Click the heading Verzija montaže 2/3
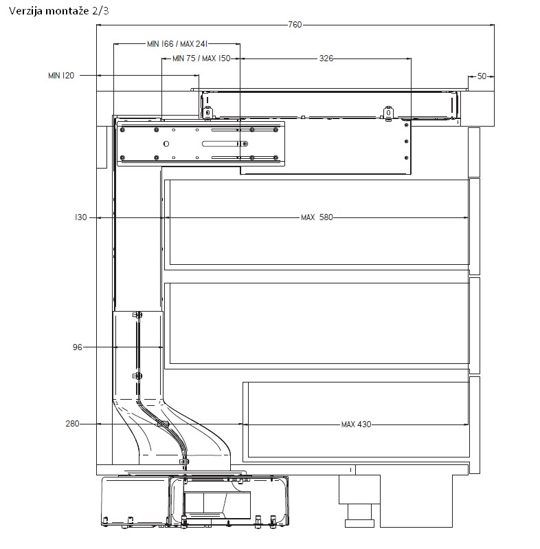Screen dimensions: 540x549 coord(59,11)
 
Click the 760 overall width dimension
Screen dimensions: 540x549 coord(295,25)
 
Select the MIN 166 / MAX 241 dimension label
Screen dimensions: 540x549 coord(177,44)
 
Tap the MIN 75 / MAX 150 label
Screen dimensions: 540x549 coord(201,58)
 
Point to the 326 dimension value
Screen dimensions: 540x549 coord(326,58)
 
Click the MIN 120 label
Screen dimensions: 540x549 coord(61,76)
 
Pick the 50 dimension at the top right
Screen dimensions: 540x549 coord(482,76)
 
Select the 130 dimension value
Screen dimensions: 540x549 coord(81,217)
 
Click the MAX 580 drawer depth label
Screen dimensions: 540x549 coord(317,217)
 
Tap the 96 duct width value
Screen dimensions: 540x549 coord(78,347)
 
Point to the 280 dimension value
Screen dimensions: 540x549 coord(72,424)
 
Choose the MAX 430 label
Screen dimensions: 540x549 coord(356,424)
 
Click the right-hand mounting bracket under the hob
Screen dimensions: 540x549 coord(388,114)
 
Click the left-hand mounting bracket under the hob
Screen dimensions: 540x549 coord(207,113)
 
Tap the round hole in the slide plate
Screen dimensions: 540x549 coord(166,144)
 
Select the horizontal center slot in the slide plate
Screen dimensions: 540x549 coord(225,144)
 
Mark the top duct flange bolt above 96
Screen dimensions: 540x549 coord(137,315)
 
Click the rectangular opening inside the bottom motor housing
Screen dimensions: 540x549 coord(217,505)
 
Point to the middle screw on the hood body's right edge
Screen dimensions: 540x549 coord(407,142)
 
